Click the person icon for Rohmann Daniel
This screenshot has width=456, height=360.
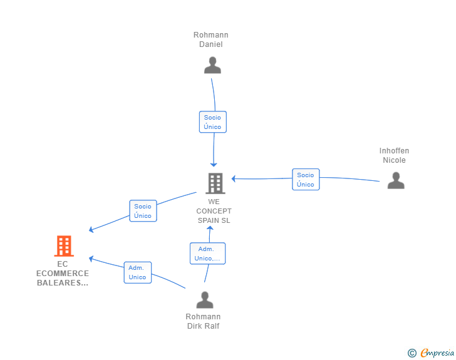(212, 65)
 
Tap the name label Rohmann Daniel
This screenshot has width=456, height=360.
(211, 39)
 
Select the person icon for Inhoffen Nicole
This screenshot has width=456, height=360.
(395, 180)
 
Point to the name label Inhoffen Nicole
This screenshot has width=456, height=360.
(394, 155)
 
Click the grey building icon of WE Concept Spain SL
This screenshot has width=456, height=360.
(215, 183)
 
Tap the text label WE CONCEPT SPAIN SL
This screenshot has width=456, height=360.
(214, 211)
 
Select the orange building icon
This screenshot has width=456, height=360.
(63, 247)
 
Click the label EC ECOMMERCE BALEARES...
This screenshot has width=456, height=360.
(63, 274)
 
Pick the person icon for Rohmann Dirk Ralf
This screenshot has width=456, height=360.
(205, 300)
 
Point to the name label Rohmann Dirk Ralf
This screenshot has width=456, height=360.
(203, 321)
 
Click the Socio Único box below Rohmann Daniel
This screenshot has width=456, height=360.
(212, 122)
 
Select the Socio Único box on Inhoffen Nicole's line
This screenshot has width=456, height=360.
(306, 180)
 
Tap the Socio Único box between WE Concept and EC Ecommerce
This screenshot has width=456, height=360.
(143, 211)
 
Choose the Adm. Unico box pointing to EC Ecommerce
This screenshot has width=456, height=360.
(137, 272)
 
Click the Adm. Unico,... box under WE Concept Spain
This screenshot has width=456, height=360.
(207, 254)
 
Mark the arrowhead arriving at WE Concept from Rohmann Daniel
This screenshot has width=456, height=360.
(214, 164)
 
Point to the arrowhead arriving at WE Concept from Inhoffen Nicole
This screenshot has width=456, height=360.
(234, 178)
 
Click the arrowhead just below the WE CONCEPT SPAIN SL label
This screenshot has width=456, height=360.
(210, 229)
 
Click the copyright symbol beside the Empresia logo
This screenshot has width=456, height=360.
(412, 353)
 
